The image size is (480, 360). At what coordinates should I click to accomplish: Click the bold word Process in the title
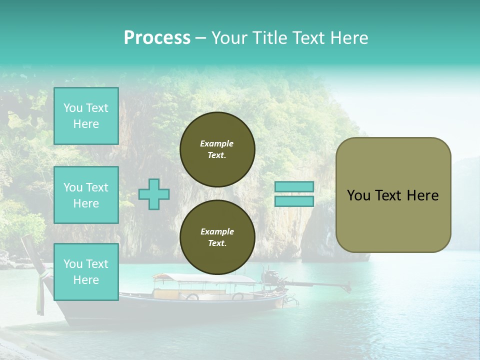pyautogui.click(x=157, y=38)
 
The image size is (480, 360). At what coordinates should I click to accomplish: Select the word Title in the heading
pyautogui.click(x=269, y=38)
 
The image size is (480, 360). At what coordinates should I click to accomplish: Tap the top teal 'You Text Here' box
pyautogui.click(x=86, y=116)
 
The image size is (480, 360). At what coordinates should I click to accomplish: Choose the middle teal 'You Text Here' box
pyautogui.click(x=86, y=195)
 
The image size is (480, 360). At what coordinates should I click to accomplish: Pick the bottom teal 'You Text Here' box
pyautogui.click(x=86, y=271)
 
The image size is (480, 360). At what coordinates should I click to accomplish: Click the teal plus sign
pyautogui.click(x=154, y=194)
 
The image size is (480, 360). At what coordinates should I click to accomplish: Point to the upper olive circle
pyautogui.click(x=217, y=149)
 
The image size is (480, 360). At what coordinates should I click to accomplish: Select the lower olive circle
pyautogui.click(x=217, y=237)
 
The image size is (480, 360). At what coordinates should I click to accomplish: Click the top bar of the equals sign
pyautogui.click(x=294, y=186)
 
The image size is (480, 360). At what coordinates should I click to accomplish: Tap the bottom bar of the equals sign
pyautogui.click(x=294, y=201)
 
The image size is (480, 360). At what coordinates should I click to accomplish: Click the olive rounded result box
pyautogui.click(x=393, y=195)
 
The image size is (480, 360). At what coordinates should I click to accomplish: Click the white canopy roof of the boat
pyautogui.click(x=205, y=278)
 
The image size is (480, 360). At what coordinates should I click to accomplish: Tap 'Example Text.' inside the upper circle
pyautogui.click(x=217, y=149)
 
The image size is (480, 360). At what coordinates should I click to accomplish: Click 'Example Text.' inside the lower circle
pyautogui.click(x=217, y=237)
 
